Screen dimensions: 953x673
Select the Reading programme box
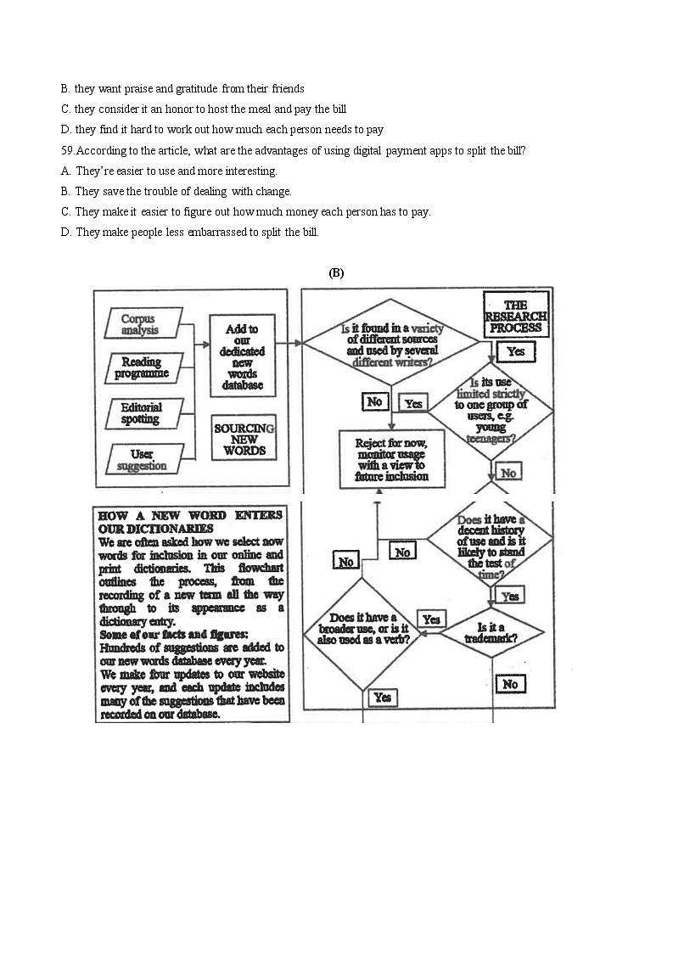click(x=142, y=367)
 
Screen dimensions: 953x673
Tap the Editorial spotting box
click(x=140, y=413)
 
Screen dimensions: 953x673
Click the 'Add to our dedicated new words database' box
click(x=243, y=356)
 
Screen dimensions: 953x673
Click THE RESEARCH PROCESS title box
click(x=515, y=316)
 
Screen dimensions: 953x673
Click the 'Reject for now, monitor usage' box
click(x=392, y=458)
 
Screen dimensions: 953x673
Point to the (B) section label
click(x=336, y=272)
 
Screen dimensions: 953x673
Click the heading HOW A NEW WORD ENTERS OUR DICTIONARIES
click(x=190, y=522)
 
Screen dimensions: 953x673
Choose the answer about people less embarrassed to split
click(x=197, y=232)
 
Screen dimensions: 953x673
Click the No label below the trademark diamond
click(x=510, y=684)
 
